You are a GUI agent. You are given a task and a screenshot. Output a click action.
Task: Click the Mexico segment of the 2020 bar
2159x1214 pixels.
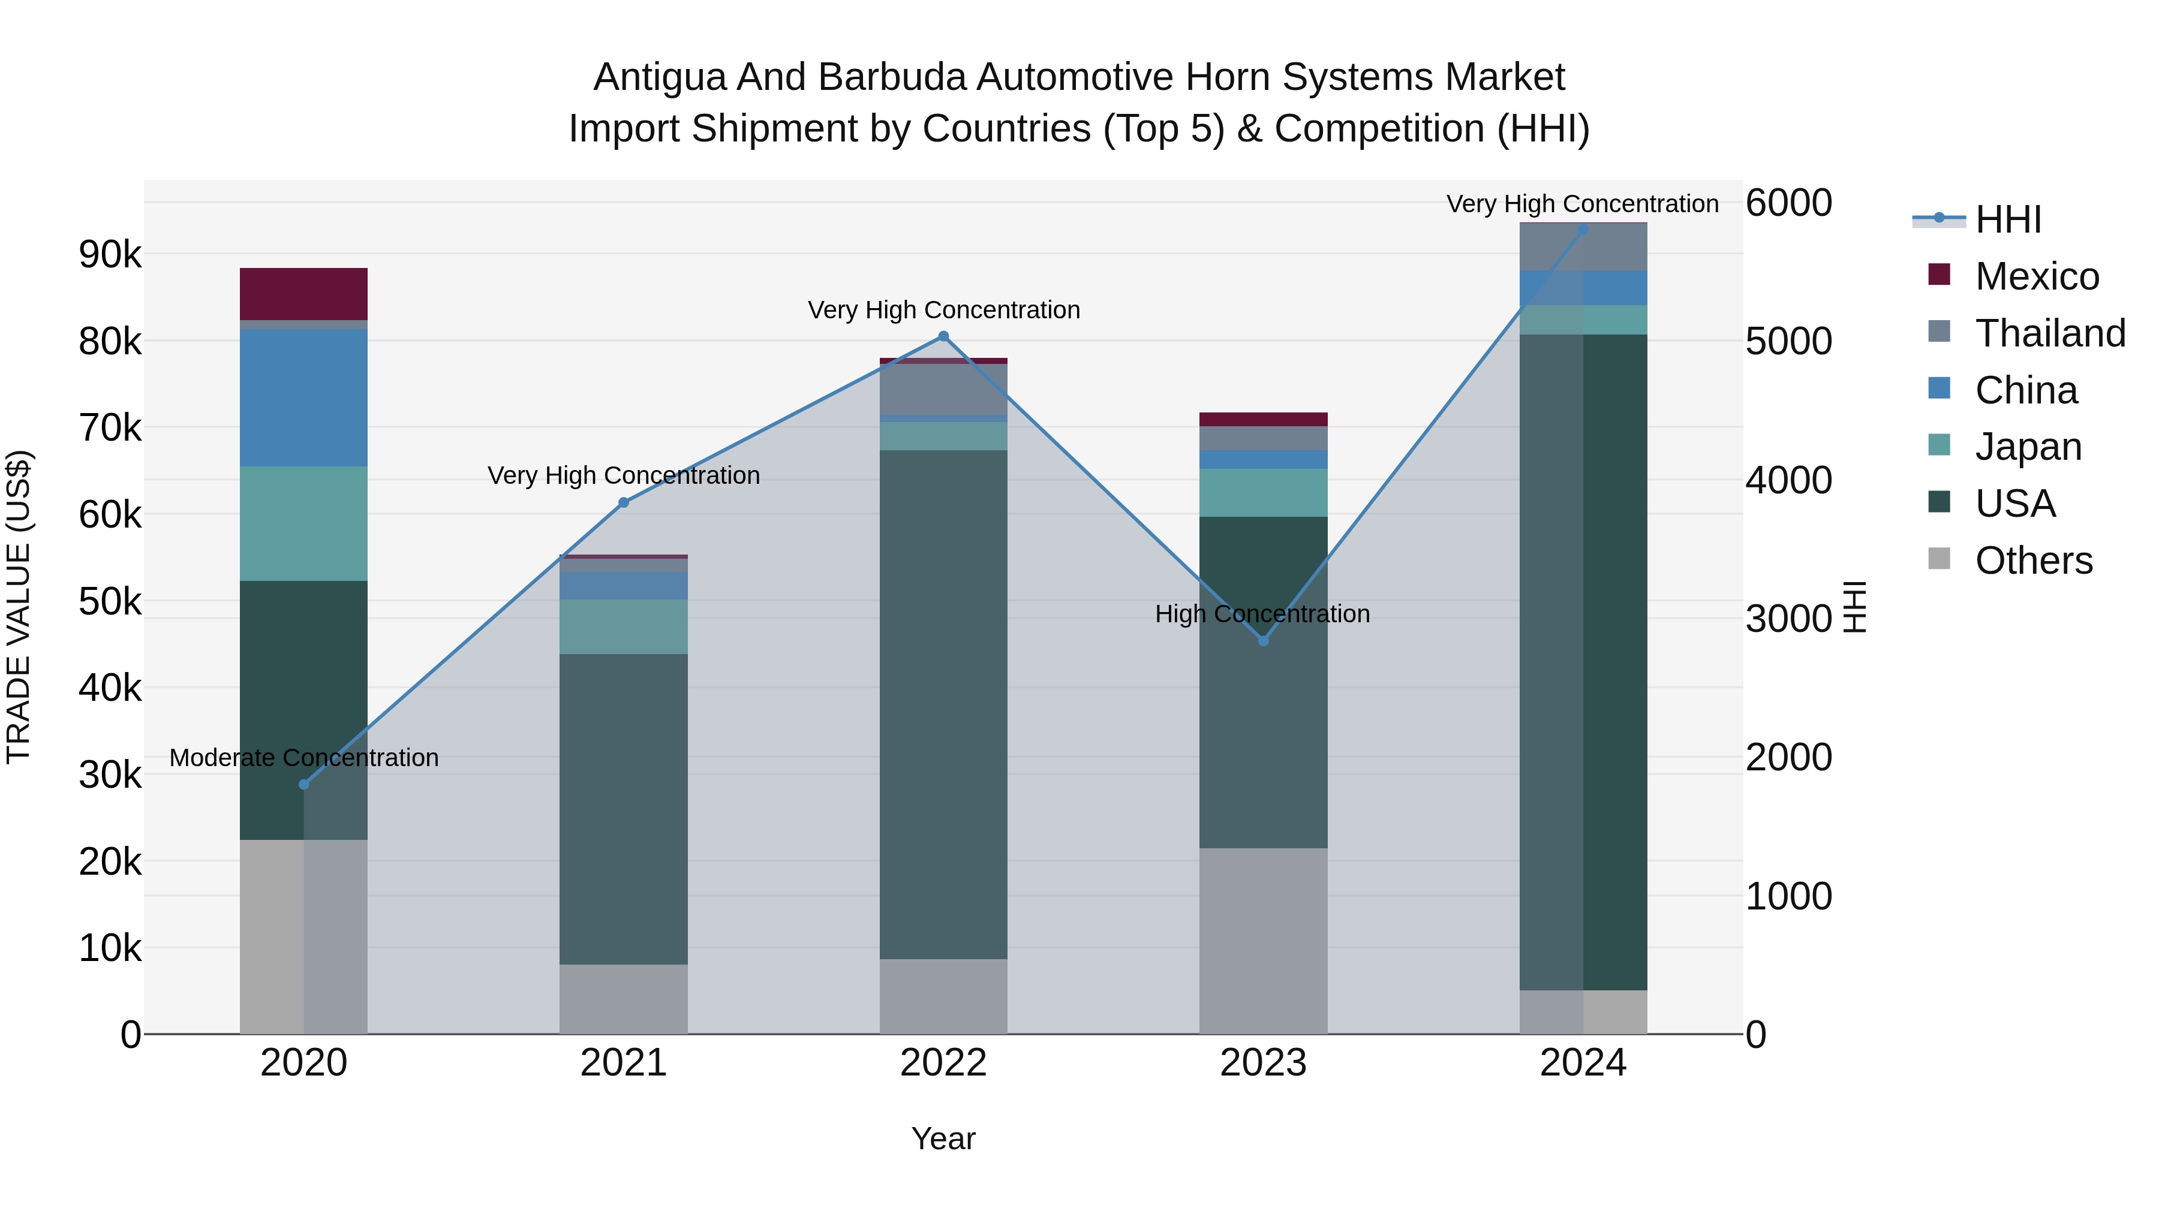[x=303, y=293]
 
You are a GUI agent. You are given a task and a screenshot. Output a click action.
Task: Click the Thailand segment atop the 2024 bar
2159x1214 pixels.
[x=1583, y=246]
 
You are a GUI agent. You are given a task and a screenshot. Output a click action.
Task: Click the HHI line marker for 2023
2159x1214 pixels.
[x=1264, y=641]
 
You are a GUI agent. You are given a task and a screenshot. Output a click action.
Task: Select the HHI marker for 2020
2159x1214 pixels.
[x=304, y=785]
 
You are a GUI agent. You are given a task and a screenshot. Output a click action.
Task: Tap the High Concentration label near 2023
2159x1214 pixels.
[x=1262, y=614]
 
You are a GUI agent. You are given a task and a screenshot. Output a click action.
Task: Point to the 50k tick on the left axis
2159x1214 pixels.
[x=110, y=601]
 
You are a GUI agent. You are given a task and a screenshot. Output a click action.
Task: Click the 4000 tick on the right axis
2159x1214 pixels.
[x=1788, y=481]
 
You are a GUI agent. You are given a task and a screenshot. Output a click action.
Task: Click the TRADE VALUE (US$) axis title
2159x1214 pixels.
[x=19, y=607]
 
